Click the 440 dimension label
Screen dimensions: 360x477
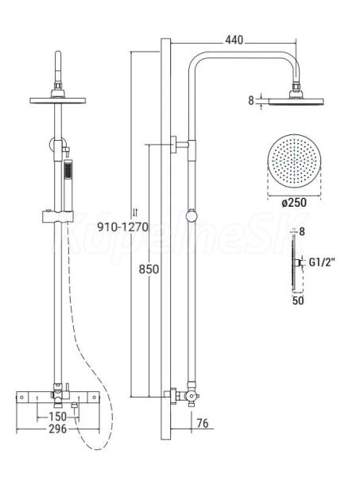click(234, 40)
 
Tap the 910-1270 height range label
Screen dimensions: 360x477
click(122, 227)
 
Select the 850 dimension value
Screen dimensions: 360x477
click(149, 270)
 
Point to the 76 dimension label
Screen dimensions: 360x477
click(203, 423)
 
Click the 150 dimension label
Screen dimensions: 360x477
click(57, 416)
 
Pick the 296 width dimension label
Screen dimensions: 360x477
click(57, 429)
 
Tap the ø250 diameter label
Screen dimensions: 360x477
click(294, 203)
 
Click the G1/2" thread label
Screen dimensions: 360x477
click(322, 262)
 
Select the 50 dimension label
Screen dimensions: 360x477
click(298, 301)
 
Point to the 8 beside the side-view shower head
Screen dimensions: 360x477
click(251, 100)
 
